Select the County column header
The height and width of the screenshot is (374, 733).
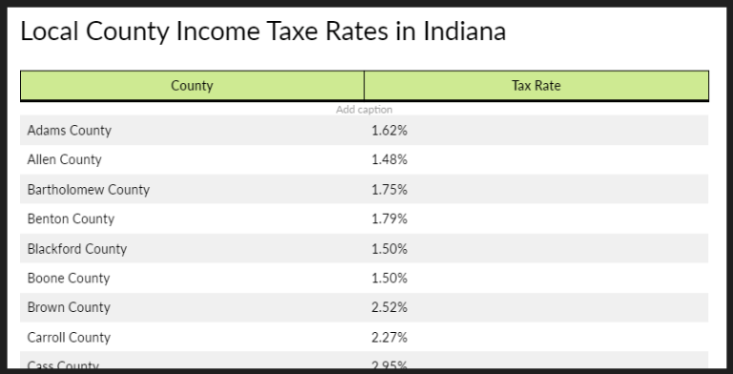[x=192, y=86]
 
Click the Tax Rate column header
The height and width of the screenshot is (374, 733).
[x=536, y=86]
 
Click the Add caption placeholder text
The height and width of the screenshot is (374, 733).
[x=364, y=110]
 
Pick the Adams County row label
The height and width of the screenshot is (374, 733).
[x=69, y=131]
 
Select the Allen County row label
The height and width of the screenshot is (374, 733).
[x=64, y=159]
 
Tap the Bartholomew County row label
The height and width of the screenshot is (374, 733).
[x=88, y=189]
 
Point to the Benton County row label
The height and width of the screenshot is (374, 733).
[x=71, y=218]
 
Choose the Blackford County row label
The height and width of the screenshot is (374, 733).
[x=76, y=249]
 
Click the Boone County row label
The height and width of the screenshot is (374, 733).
[x=68, y=279]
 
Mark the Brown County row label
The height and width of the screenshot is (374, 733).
[x=69, y=307]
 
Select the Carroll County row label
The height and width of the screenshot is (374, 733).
[x=69, y=338]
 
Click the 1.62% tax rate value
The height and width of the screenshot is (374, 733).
[x=388, y=131]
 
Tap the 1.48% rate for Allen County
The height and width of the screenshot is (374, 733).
[x=388, y=159]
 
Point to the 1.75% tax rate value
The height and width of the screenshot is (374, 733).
[x=388, y=189]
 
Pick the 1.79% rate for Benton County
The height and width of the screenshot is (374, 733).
[x=388, y=218]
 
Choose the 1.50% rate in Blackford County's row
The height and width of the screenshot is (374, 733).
[x=388, y=249]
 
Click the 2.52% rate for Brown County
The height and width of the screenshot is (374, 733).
[x=388, y=307]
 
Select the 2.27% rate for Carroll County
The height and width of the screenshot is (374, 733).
[x=388, y=338]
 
